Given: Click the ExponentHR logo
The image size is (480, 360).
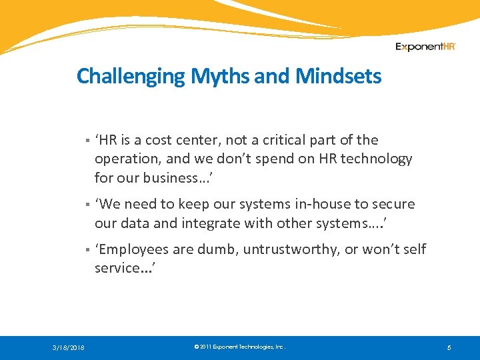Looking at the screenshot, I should coord(425,47).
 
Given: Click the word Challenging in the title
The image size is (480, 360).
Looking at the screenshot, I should coord(132,77).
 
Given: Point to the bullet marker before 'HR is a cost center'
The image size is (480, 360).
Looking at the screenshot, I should coord(87,141).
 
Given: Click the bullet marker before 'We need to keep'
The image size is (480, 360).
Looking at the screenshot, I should coord(87,205).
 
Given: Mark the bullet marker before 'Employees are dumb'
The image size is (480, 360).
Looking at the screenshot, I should coord(87,250).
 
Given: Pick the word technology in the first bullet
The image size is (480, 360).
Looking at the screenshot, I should coord(378,159).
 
